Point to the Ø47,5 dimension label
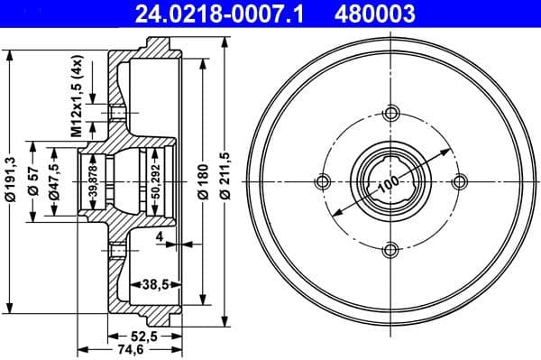point(55,180)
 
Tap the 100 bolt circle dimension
point(388,184)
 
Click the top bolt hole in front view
point(391,114)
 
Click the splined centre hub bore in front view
point(391,181)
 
